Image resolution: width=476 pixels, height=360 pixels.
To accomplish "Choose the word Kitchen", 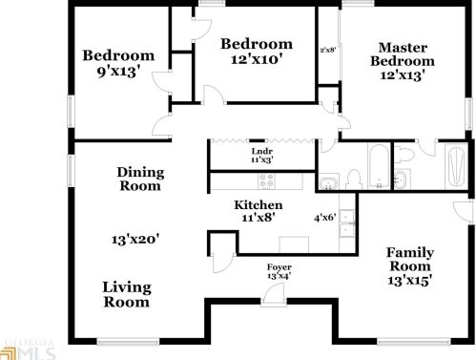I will tap(259, 205).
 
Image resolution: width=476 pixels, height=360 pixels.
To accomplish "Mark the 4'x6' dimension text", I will tap(325, 216).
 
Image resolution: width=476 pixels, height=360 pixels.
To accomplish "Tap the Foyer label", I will tap(279, 266).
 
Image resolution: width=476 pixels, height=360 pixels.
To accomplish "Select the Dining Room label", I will tap(140, 179).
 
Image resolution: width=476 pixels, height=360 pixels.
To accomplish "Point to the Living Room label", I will tap(126, 294).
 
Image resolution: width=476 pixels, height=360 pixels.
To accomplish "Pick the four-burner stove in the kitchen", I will tap(268, 180).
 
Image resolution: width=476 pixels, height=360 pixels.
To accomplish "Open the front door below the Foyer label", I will tap(275, 295).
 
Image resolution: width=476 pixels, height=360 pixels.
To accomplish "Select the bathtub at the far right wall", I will tap(454, 166).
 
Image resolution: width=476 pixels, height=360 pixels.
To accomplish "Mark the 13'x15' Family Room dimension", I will tap(410, 281).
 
